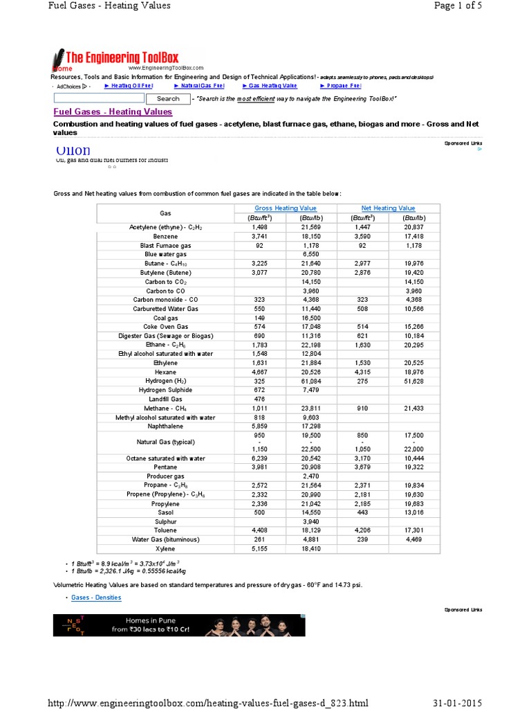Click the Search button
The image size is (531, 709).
[x=167, y=99]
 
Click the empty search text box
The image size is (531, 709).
[x=97, y=99]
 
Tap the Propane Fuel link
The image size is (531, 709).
[x=340, y=86]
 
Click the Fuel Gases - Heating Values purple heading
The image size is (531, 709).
[x=113, y=111]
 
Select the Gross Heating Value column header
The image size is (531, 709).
[x=286, y=208]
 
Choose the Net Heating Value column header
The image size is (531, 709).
[x=388, y=208]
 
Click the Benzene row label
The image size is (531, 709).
[x=165, y=236]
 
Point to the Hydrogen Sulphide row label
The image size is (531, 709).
[x=165, y=390]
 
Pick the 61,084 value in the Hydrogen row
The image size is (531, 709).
[x=311, y=381]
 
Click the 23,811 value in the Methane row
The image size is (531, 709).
[x=311, y=409]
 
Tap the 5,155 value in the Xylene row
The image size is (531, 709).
[x=260, y=548]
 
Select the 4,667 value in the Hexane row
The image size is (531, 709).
[x=260, y=372]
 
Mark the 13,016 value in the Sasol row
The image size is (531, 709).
[x=413, y=512]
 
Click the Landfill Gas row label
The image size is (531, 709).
[x=165, y=400]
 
